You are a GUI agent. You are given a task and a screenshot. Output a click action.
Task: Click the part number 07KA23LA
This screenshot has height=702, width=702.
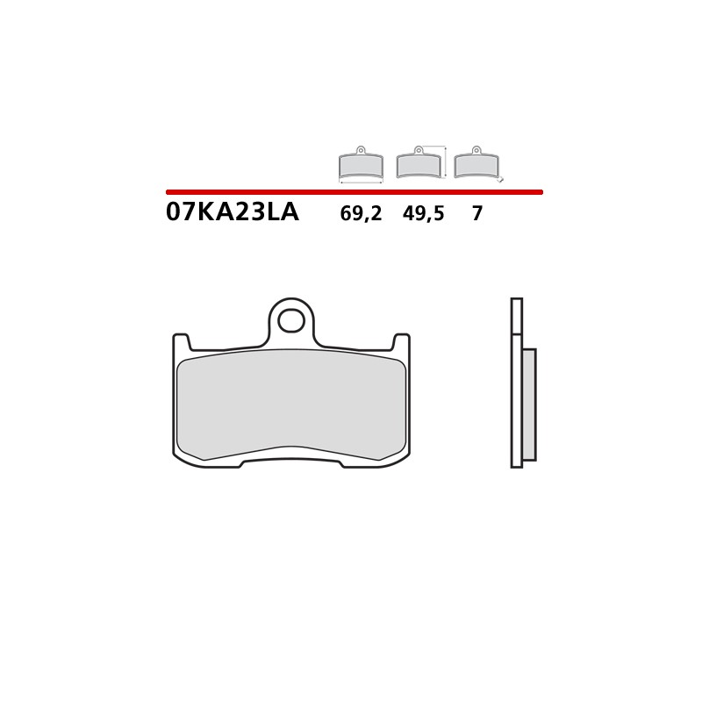(x=232, y=213)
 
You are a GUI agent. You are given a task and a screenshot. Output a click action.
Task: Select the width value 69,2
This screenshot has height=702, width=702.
(x=361, y=214)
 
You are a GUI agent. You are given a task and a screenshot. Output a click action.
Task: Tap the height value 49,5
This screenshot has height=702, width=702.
(x=424, y=214)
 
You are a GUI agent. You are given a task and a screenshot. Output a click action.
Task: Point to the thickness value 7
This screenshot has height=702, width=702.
(x=476, y=214)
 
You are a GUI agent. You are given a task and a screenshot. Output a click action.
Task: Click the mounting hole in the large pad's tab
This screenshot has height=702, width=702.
(x=291, y=321)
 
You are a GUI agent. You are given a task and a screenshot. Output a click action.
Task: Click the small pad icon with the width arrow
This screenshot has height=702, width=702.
(x=361, y=165)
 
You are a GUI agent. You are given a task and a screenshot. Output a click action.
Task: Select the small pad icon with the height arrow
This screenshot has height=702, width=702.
(x=419, y=165)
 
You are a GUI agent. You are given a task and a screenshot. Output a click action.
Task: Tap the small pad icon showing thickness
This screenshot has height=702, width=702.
(x=476, y=165)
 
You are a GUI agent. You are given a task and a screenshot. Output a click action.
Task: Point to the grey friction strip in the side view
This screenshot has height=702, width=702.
(x=528, y=404)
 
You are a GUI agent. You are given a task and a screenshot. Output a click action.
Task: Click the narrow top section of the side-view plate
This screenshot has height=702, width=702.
(x=516, y=316)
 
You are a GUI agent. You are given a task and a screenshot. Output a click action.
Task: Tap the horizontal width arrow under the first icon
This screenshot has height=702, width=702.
(x=361, y=182)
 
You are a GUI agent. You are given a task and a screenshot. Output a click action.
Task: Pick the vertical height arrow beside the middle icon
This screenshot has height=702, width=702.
(x=447, y=161)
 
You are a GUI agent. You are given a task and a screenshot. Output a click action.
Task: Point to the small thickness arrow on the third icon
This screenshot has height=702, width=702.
(x=501, y=179)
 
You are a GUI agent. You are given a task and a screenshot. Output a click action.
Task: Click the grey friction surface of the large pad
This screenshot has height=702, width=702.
(x=291, y=404)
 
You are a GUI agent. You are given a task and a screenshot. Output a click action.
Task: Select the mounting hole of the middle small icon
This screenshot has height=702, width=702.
(x=419, y=150)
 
